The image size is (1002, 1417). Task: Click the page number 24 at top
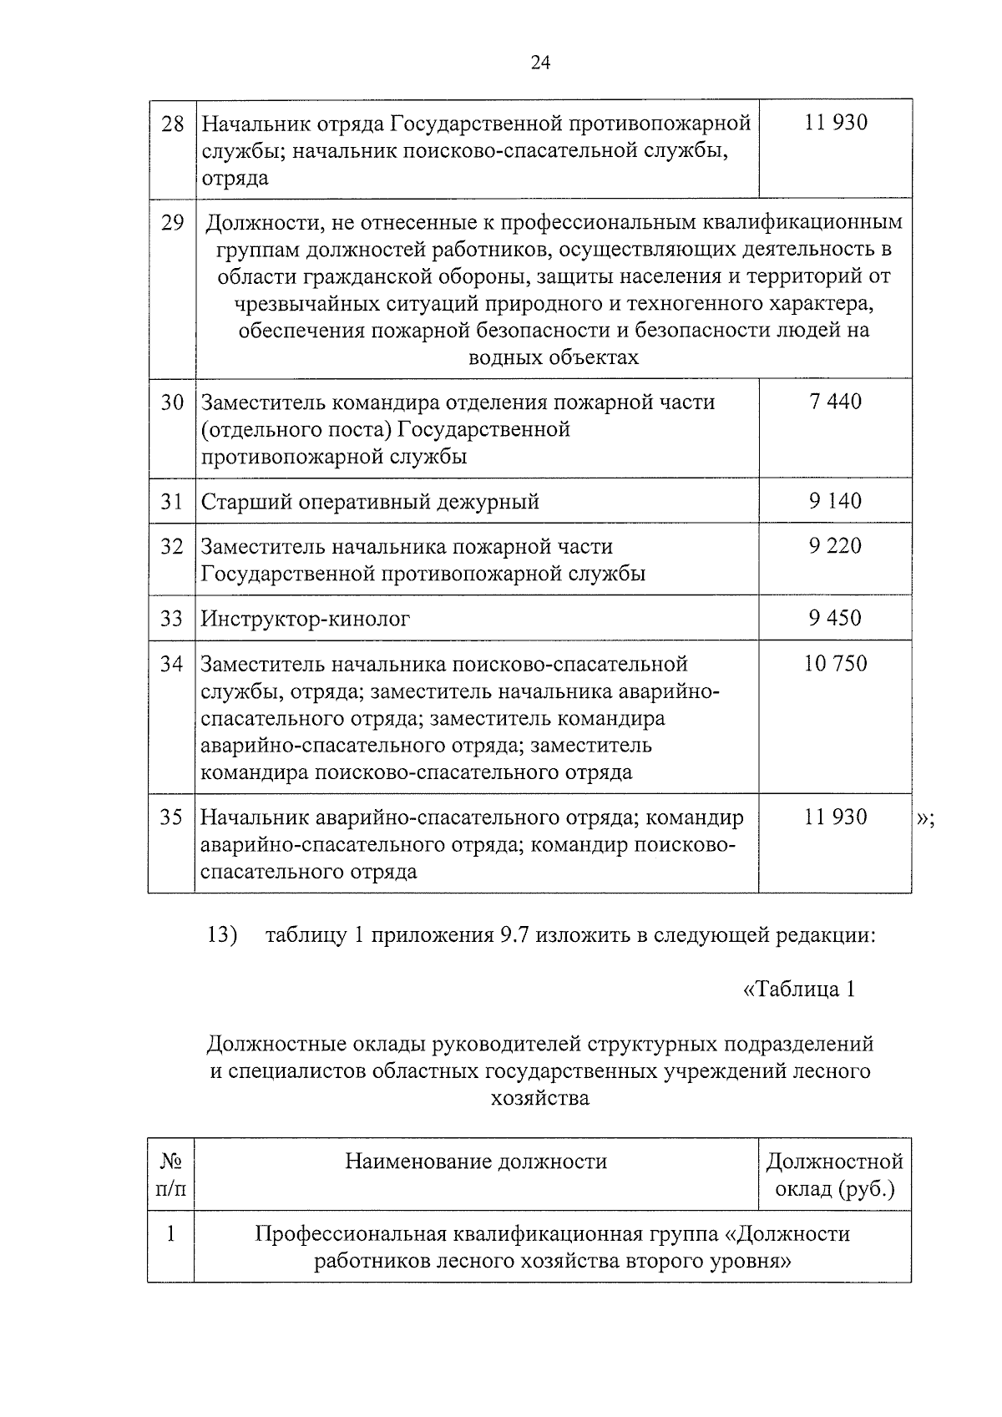point(540,63)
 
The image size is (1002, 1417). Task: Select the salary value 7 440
point(835,402)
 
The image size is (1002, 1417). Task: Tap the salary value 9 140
point(835,501)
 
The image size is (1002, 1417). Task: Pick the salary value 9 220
point(835,546)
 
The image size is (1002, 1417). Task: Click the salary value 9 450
point(835,618)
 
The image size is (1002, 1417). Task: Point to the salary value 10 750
point(835,664)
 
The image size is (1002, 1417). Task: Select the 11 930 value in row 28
point(835,123)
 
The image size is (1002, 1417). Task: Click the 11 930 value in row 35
point(835,817)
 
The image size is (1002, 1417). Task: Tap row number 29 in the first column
point(172,223)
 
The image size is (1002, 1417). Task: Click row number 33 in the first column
point(172,619)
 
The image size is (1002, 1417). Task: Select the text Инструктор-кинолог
point(306,620)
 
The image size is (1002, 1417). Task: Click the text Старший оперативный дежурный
point(370,502)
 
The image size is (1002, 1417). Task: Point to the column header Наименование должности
point(476,1161)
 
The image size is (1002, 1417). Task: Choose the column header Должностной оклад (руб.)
point(834,1174)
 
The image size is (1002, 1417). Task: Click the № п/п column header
point(171,1174)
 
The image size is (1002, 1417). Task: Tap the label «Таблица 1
point(798,989)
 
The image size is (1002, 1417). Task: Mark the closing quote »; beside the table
point(925,818)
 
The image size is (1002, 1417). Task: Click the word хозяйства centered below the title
point(540,1098)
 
